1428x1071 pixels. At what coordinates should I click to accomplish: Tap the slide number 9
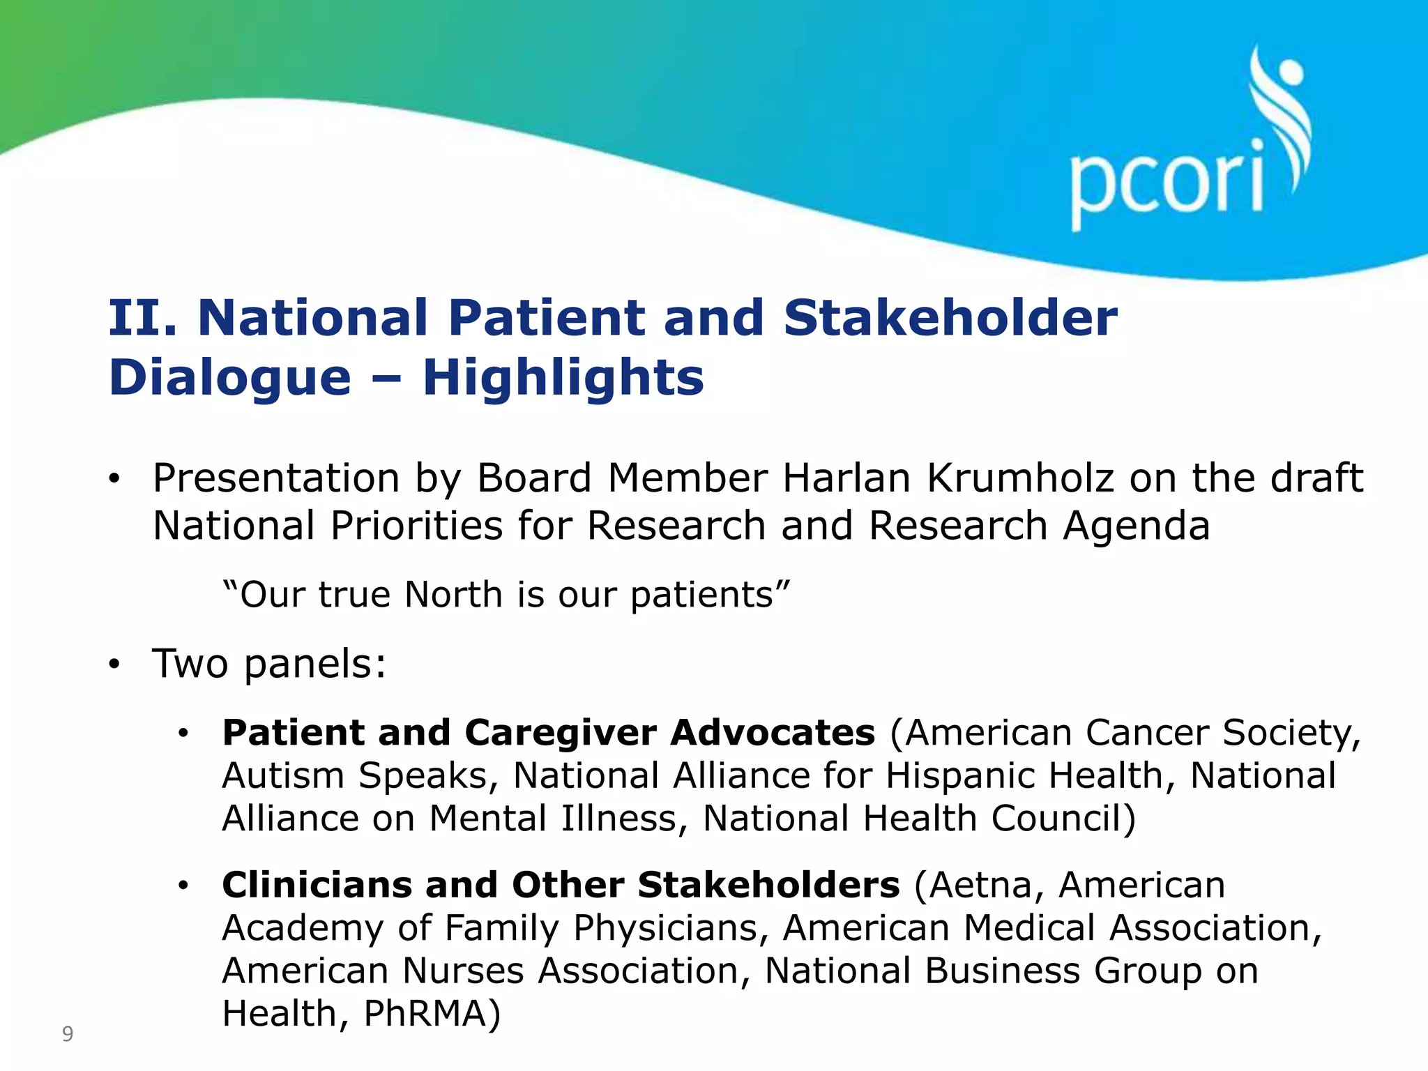pos(68,1033)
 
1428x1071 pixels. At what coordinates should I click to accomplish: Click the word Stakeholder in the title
pos(950,318)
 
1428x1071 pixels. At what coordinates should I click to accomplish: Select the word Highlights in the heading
pos(563,377)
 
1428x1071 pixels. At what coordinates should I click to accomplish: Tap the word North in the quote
pos(453,595)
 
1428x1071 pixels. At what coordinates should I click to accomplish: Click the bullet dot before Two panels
pos(115,665)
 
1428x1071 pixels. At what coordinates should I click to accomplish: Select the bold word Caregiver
pos(560,733)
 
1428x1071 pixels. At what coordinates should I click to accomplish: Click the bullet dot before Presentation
pos(115,480)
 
